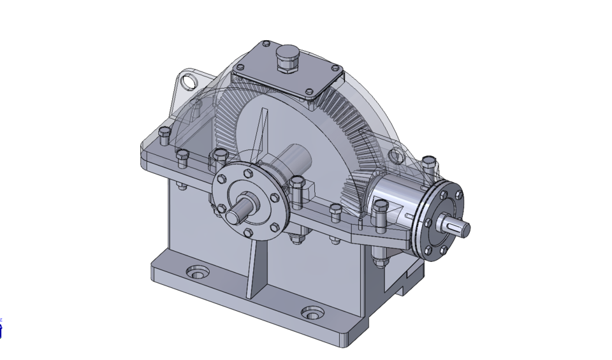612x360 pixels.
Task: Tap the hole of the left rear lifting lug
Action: pyautogui.click(x=189, y=82)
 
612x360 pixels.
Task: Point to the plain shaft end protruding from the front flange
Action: pyautogui.click(x=239, y=211)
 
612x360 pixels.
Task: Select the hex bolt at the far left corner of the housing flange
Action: pyautogui.click(x=164, y=134)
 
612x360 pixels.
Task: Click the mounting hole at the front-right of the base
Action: pyautogui.click(x=312, y=313)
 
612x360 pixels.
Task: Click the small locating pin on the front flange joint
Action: pyautogui.click(x=361, y=223)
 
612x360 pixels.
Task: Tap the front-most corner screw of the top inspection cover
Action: pyautogui.click(x=309, y=92)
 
